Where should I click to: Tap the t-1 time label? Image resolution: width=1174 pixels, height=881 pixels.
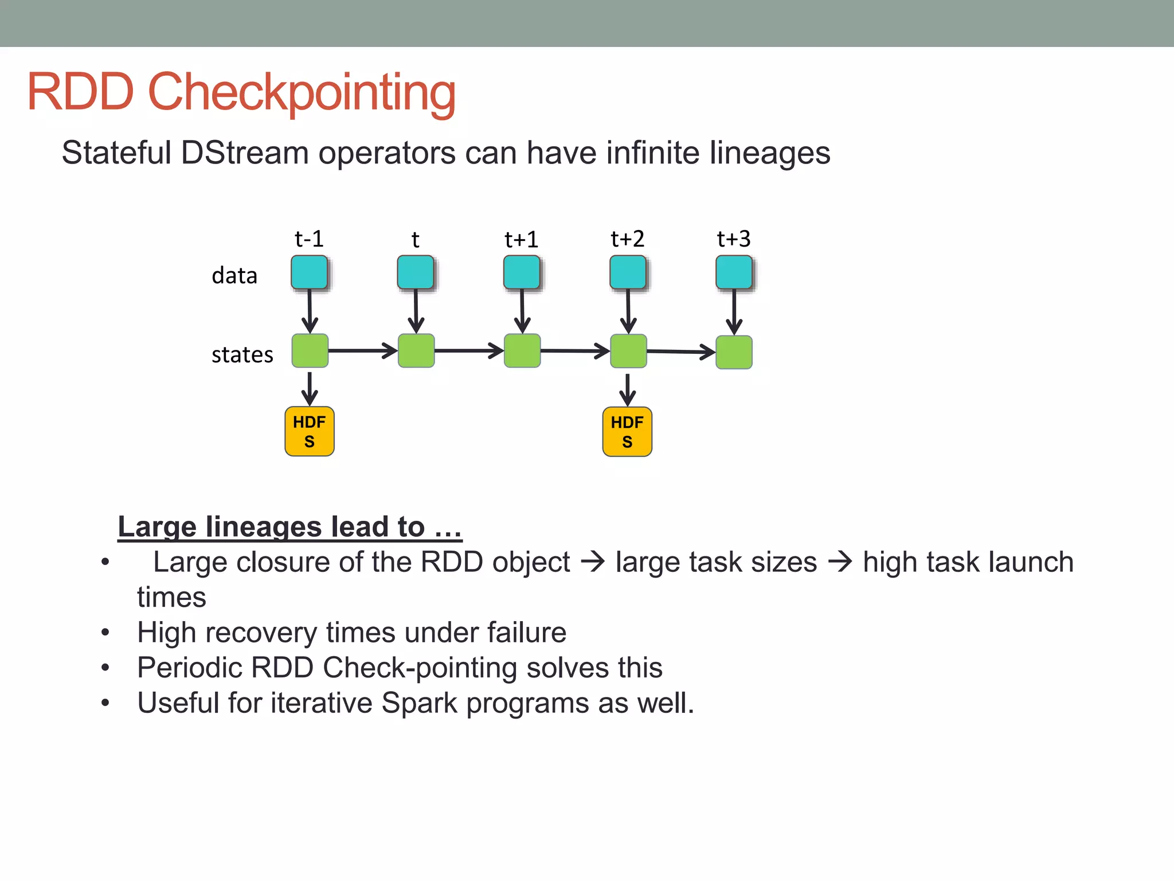tap(309, 239)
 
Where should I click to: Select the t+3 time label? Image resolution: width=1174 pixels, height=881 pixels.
tap(733, 239)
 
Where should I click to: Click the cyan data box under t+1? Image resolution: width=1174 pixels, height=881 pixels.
tap(522, 272)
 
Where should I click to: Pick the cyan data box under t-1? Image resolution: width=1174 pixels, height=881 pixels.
tap(310, 272)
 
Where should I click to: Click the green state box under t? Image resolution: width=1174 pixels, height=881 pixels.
tap(416, 351)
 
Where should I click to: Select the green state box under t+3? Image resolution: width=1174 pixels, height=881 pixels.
tap(734, 352)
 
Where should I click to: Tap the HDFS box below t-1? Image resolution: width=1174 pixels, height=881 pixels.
tap(310, 431)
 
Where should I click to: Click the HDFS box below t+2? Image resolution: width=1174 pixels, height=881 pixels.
tap(627, 432)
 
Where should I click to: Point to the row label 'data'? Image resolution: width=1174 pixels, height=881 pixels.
tap(234, 276)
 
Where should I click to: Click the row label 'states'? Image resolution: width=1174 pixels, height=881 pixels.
tap(242, 354)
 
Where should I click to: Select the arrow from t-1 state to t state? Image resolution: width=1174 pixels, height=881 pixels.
tap(363, 350)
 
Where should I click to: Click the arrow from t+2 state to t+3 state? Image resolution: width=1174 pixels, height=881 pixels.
tap(681, 352)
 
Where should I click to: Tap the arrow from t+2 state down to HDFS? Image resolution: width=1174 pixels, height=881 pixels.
tap(628, 390)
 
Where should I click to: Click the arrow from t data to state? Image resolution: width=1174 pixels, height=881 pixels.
tap(416, 311)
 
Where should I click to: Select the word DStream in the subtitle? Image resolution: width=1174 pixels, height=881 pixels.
tap(245, 153)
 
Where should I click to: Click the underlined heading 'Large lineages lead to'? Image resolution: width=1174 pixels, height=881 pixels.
tap(289, 527)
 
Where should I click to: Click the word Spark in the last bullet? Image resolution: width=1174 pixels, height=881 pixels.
tap(419, 703)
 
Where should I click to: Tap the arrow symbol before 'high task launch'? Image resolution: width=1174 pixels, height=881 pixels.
tap(840, 562)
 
